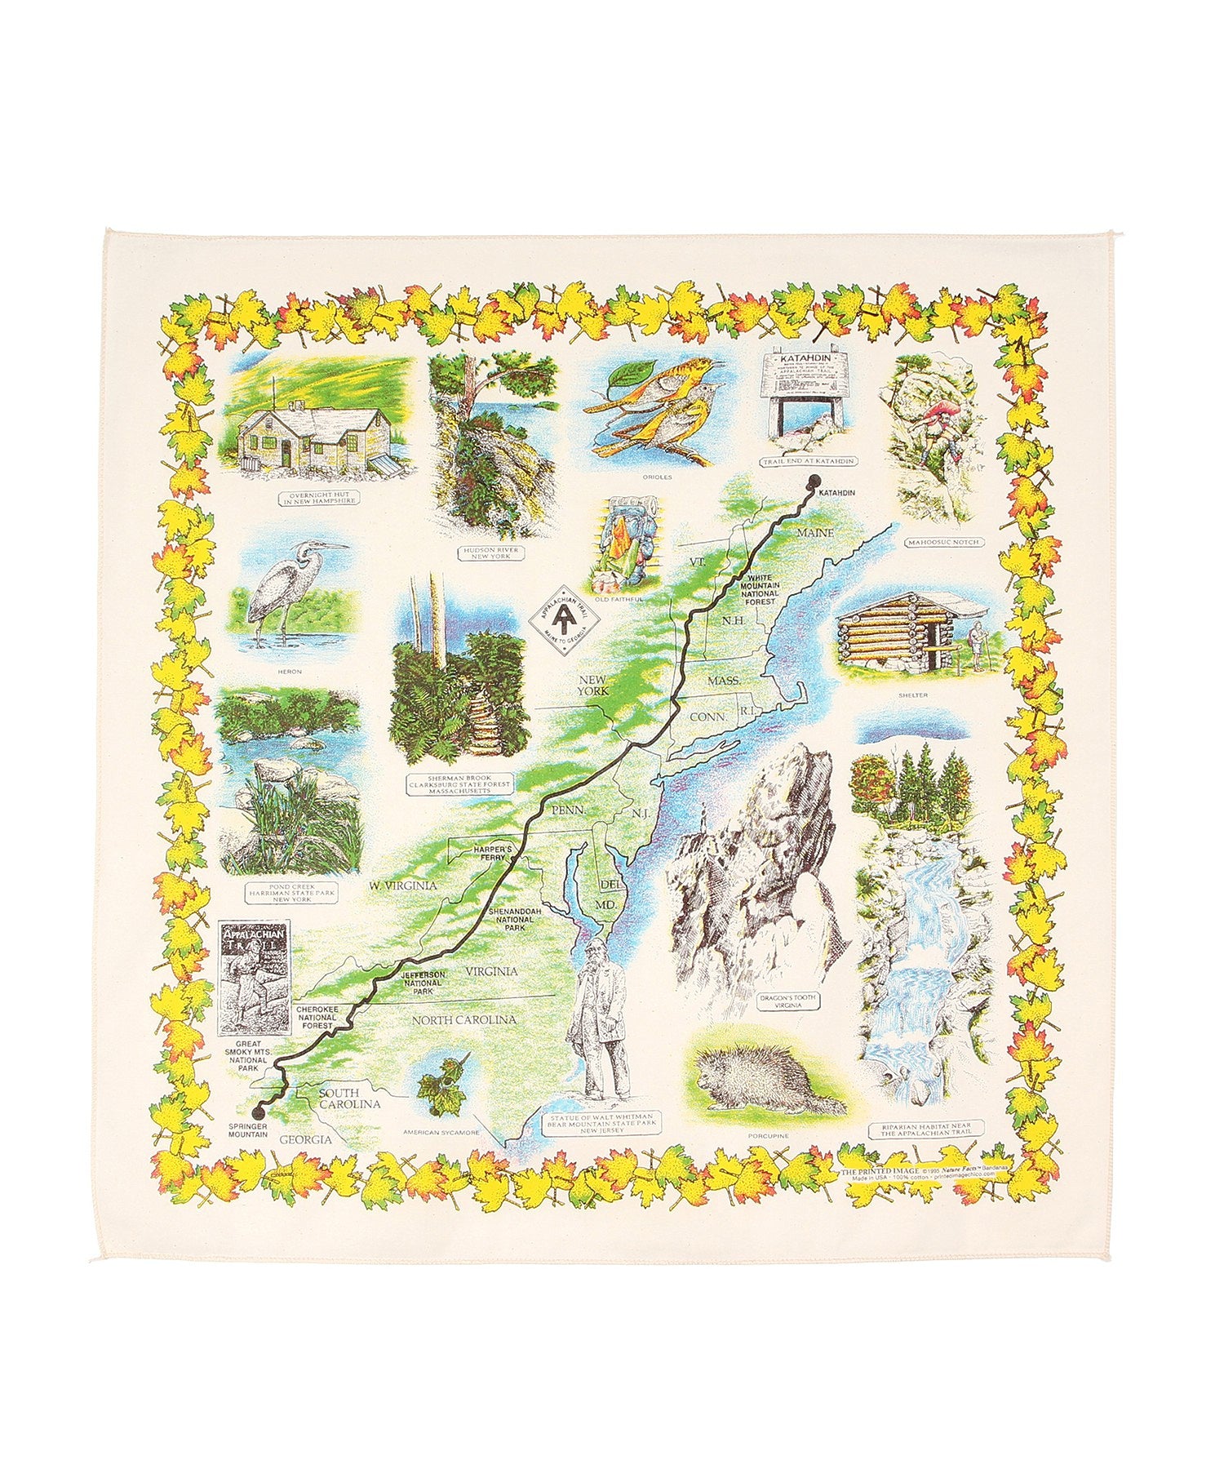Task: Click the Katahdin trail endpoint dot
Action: click(814, 481)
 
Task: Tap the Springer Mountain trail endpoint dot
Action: click(260, 1110)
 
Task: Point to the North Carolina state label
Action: click(463, 1020)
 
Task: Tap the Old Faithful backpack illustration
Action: click(623, 547)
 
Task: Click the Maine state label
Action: click(814, 533)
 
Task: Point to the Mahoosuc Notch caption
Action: click(942, 542)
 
